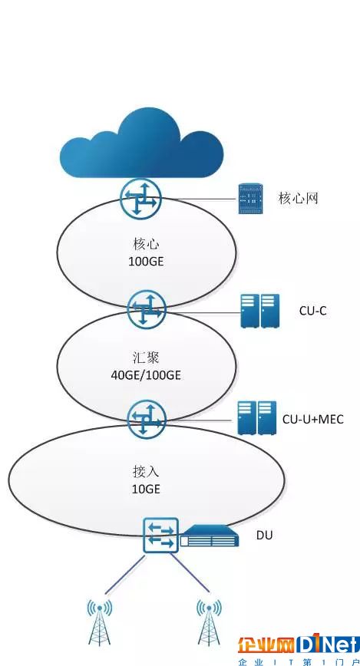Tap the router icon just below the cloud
pos(141,199)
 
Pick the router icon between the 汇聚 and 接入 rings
pos(147,420)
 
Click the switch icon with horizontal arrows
pos(160,535)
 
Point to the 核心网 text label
pos(299,198)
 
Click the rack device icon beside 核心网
pos(251,199)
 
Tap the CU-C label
pos(313,311)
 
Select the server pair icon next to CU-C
pos(259,311)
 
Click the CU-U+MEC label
pos(313,419)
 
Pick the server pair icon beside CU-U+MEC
pos(256,418)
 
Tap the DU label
pos(264,536)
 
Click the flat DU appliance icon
pos(209,536)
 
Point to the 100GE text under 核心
pos(146,261)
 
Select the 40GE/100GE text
pos(146,375)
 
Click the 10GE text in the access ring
pos(146,489)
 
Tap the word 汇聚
pos(146,358)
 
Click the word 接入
pos(146,472)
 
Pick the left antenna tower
pos(100,621)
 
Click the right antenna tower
pos(209,621)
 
